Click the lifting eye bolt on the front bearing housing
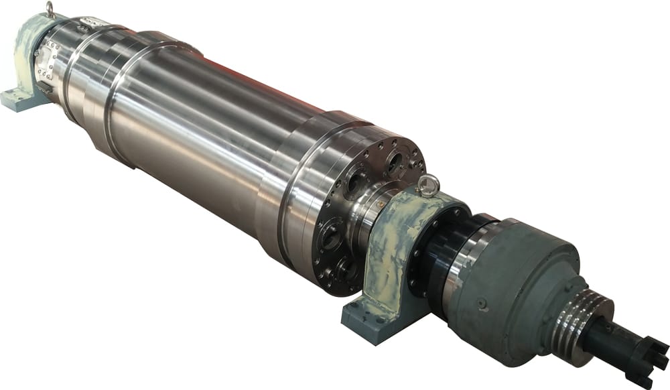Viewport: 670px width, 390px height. [x=427, y=184]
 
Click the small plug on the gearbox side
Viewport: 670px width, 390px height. [x=482, y=304]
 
